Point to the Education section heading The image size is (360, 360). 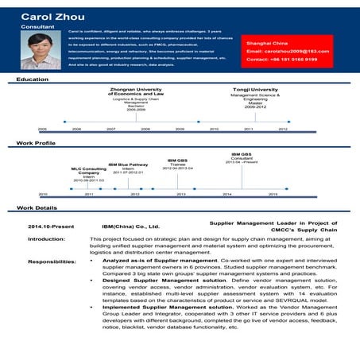tap(33, 79)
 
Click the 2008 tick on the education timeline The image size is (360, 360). tap(145, 128)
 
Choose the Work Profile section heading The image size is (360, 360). tap(37, 143)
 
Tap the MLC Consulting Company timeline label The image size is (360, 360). tap(89, 170)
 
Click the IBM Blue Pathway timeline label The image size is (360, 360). tap(128, 165)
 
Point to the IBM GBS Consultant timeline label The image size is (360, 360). tap(242, 155)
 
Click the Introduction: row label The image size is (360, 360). tap(41, 239)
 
